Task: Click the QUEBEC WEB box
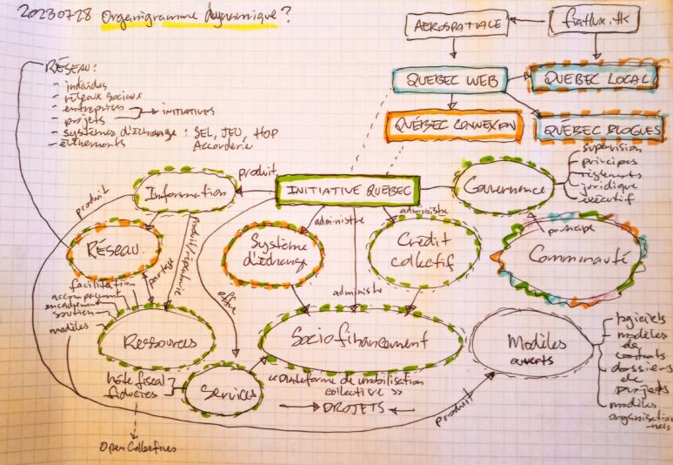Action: click(449, 80)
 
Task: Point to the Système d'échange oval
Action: click(273, 251)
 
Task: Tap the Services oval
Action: click(223, 393)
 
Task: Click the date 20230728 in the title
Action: click(55, 16)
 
